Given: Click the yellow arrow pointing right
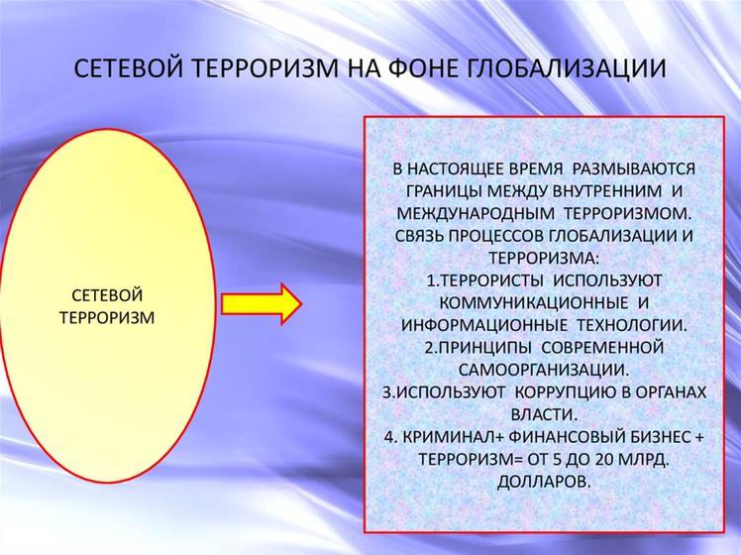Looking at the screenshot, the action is pyautogui.click(x=262, y=304).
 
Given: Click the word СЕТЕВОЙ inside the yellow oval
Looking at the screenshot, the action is pyautogui.click(x=107, y=295).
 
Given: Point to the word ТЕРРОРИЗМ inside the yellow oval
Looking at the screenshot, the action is pyautogui.click(x=107, y=317).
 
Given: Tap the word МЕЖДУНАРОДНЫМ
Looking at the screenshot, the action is pyautogui.click(x=476, y=213).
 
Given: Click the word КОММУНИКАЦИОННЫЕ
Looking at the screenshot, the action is pyautogui.click(x=534, y=302).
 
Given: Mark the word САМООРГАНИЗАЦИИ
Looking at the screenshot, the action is pyautogui.click(x=544, y=370).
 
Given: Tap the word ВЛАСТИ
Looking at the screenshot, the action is pyautogui.click(x=544, y=414).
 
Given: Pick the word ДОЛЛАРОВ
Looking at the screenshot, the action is pyautogui.click(x=544, y=482).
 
